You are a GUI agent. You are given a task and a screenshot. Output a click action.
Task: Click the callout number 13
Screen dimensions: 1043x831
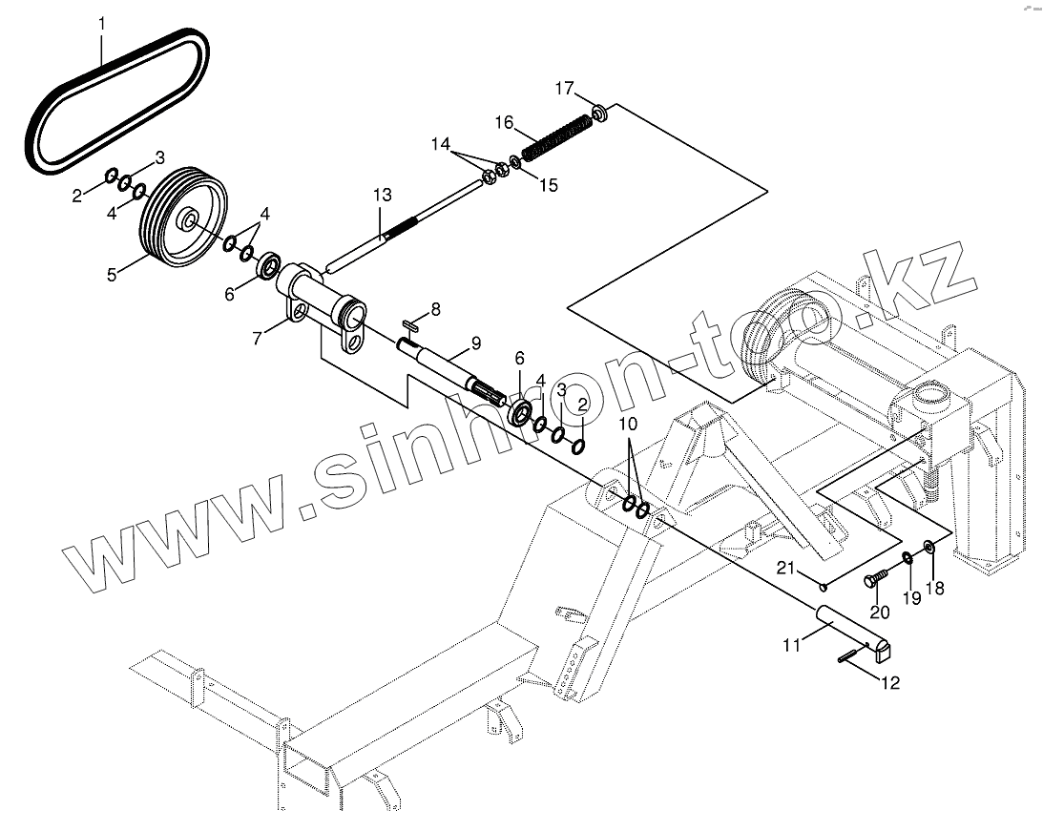click(382, 196)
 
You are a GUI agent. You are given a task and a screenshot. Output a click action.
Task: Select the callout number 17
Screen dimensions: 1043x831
click(564, 89)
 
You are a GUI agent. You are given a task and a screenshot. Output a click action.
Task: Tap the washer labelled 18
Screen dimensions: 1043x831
click(928, 548)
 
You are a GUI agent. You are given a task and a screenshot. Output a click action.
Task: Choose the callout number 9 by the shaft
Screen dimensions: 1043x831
click(475, 343)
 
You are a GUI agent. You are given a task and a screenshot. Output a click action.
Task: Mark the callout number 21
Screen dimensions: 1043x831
click(784, 570)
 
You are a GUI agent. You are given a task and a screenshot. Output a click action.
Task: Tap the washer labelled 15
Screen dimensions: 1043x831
click(516, 161)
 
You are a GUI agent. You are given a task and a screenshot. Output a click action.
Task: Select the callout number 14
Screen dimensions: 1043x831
click(440, 144)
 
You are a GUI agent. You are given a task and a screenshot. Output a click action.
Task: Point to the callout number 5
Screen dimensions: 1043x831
click(112, 275)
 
